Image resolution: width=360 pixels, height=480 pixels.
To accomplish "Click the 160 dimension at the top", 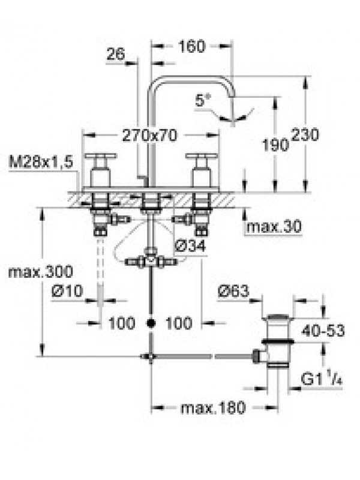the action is point(191,47).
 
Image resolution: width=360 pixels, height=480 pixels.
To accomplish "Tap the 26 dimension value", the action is point(116,55).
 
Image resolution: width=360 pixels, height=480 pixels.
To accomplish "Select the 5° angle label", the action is point(203,100).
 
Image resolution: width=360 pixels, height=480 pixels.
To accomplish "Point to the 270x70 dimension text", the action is point(149,136).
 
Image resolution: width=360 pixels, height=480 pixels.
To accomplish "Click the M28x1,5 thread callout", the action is point(41,162).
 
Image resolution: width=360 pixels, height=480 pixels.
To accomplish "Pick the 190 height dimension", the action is point(275,144).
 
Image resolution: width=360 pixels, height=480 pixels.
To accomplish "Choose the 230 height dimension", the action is point(305,134).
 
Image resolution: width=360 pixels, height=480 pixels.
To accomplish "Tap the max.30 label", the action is point(274,227).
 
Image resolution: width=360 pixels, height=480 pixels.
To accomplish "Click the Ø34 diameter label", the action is point(190,246).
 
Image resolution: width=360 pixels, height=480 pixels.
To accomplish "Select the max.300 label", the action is point(41,272).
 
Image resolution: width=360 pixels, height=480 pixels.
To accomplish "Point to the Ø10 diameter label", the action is point(67,290).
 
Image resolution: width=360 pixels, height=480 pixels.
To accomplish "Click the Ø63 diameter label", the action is point(233,291).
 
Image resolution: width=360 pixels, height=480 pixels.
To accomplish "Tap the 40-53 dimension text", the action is point(323,331).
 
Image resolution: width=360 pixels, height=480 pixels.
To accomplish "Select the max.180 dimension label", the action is point(214,408).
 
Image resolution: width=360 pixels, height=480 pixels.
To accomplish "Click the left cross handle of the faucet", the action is point(100,170).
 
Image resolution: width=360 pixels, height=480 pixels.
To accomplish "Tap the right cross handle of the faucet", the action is point(202,170).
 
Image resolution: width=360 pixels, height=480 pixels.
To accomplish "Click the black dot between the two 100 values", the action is point(151,323).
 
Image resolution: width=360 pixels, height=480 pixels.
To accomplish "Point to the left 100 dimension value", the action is point(122,323).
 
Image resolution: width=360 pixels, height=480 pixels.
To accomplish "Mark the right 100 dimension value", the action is point(179,323).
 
